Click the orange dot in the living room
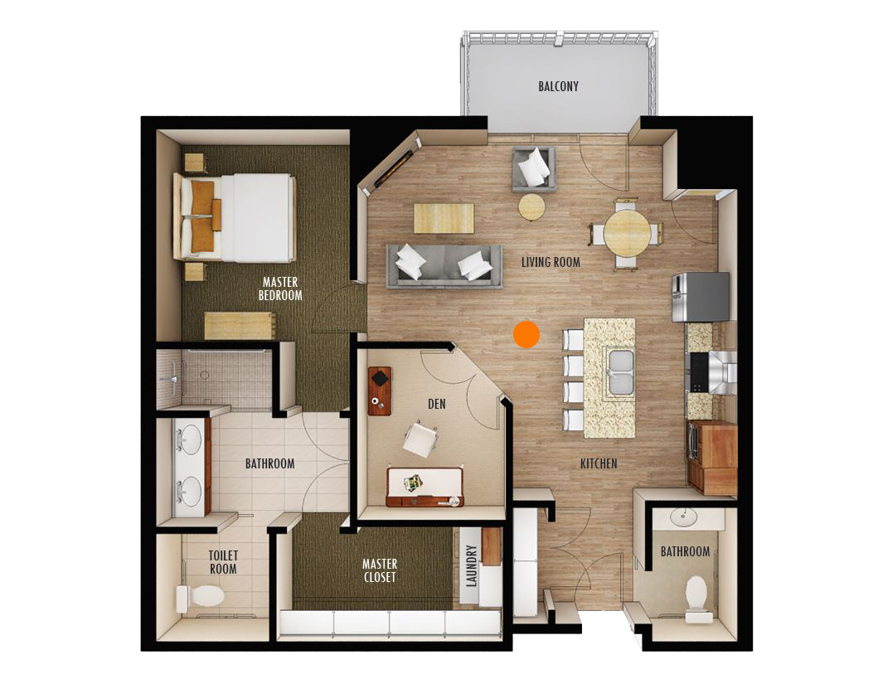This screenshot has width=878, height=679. point(526,334)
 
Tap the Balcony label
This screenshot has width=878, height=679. point(558,86)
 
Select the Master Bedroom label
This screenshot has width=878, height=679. point(280,289)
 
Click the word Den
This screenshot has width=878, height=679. point(437,404)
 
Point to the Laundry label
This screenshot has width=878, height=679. point(472,566)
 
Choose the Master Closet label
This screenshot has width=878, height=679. point(380,570)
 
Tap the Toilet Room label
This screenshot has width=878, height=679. point(223,562)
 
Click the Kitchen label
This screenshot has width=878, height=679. point(599,463)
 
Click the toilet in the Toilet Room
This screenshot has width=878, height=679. point(200,597)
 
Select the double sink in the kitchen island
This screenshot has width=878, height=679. point(621,371)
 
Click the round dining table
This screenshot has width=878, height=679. point(627,232)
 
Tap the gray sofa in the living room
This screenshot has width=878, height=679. point(444,266)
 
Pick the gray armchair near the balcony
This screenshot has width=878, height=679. point(534,167)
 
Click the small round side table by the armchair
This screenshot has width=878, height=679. point(531,207)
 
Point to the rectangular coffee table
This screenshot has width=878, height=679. point(444,218)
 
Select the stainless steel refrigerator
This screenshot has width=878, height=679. point(701,297)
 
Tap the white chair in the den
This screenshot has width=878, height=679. point(420,439)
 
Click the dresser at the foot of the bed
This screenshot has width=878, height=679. point(240,325)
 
